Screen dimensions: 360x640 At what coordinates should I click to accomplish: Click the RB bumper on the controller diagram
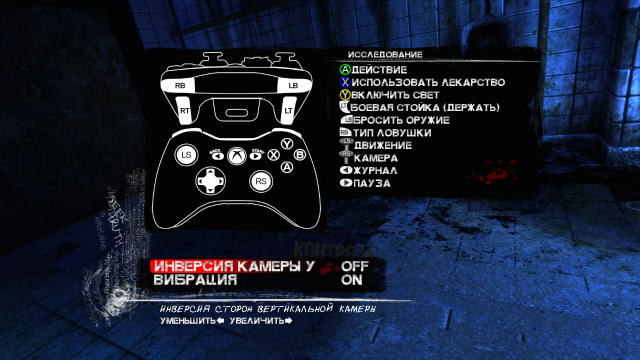(180, 86)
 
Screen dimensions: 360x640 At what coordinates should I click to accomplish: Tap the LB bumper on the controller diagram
(293, 86)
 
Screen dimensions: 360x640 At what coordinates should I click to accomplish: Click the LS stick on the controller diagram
(186, 155)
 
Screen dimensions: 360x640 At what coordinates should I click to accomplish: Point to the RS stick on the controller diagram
(261, 181)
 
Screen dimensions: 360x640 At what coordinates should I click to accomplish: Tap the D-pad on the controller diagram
(210, 180)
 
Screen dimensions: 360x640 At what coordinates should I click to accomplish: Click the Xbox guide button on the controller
(236, 155)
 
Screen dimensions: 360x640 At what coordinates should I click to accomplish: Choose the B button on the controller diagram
(299, 155)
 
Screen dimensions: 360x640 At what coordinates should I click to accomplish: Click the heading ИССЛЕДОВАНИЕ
(385, 54)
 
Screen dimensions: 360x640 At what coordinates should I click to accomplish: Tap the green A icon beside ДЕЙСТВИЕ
(345, 70)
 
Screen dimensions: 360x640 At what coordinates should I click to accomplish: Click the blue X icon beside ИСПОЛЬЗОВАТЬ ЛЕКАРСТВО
(345, 82)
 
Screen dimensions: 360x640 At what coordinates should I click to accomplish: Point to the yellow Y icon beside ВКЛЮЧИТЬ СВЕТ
(345, 95)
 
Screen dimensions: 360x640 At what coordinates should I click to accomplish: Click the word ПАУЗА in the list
(372, 183)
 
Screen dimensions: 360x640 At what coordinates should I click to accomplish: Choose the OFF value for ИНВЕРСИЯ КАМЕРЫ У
(354, 266)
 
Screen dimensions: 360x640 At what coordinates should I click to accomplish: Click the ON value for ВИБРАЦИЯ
(351, 280)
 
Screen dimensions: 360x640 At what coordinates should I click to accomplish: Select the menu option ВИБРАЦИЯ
(195, 280)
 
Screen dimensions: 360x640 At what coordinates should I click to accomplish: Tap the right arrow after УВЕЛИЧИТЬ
(288, 320)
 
